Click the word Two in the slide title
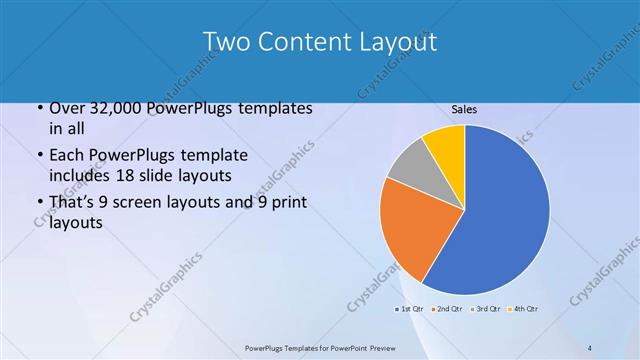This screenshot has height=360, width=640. (x=225, y=41)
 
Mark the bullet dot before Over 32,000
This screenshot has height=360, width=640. (x=39, y=108)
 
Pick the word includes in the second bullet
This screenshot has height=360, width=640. (x=78, y=176)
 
